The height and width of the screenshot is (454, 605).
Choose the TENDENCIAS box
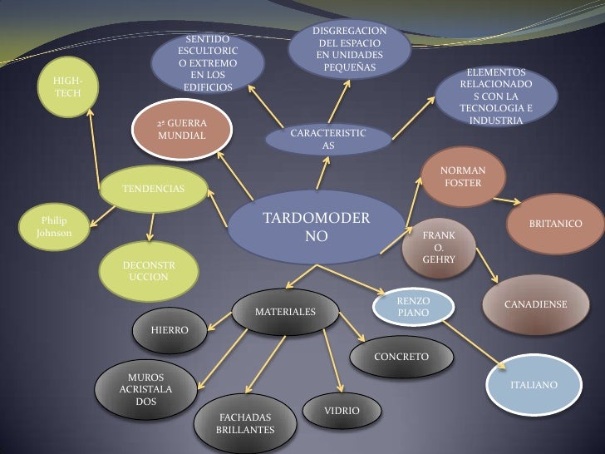pos(154,189)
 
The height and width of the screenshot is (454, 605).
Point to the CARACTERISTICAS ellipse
pos(327,140)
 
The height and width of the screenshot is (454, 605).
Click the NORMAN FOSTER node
pos(464,175)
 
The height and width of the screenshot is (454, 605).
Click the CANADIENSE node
pos(535,305)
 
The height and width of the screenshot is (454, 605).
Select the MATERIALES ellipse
pos(284,312)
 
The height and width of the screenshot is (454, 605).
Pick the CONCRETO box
pos(401,357)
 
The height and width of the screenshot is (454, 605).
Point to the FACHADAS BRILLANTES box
pos(244,424)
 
